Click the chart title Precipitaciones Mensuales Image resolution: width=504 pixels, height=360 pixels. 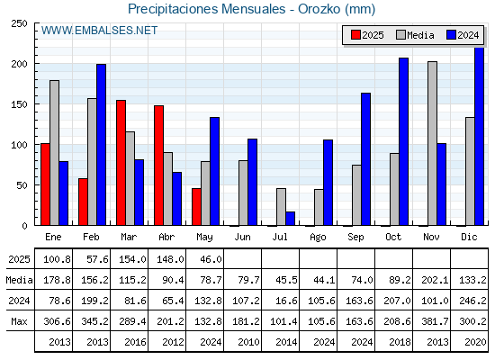coord(207,9)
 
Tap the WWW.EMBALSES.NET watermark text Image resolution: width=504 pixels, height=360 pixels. coord(99,31)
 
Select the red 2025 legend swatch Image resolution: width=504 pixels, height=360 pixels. coord(355,35)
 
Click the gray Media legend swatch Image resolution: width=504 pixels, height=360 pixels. coord(400,35)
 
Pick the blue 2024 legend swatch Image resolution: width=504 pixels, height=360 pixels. coord(451,35)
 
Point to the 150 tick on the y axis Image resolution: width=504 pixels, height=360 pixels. coord(19,104)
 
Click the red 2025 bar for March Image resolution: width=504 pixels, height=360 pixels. coord(121,163)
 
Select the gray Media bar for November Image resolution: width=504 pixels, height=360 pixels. coord(432,143)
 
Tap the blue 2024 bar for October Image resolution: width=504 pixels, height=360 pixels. coord(404,141)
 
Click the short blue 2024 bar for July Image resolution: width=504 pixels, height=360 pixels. coord(290,218)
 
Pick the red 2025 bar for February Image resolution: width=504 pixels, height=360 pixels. coord(83,202)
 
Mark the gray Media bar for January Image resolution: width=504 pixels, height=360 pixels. coord(54,153)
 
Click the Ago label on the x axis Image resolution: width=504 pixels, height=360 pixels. coord(318,238)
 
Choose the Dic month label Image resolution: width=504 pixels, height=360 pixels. coord(469,237)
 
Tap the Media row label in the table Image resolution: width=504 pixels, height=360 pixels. coord(19,280)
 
